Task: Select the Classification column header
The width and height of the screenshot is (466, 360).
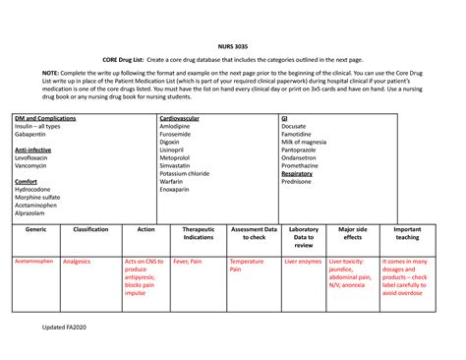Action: (x=90, y=229)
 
